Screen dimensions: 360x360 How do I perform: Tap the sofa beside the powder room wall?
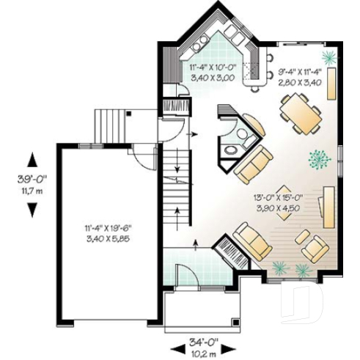254,164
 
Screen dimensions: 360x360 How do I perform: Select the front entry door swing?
185,279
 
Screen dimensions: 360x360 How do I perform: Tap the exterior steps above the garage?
111,125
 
